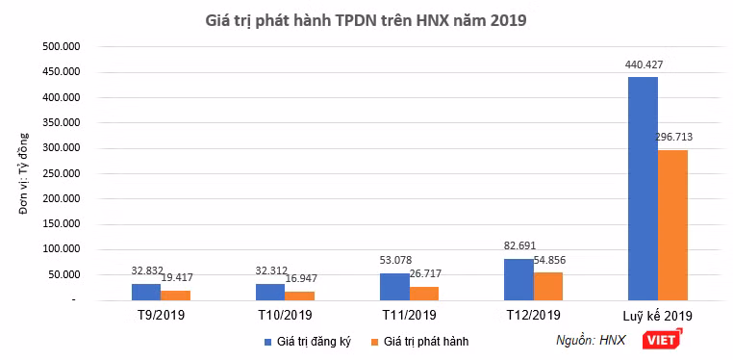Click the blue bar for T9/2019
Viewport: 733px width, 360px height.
point(146,292)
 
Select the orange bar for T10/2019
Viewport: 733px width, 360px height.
point(300,296)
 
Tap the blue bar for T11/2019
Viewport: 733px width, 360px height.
point(394,287)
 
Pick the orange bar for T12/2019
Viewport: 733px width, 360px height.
point(548,286)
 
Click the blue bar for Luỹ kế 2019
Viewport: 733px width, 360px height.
point(644,189)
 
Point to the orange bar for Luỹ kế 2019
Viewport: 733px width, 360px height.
point(672,225)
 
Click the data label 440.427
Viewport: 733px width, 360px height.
point(644,65)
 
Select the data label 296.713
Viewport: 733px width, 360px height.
point(673,138)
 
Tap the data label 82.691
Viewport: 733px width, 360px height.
point(519,245)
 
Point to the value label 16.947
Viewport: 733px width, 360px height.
point(300,278)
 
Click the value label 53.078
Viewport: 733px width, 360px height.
point(395,260)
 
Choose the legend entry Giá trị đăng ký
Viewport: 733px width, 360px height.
point(307,342)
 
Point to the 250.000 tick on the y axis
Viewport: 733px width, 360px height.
point(63,173)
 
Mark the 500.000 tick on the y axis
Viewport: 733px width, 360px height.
point(63,46)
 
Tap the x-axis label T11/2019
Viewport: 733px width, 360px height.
point(409,315)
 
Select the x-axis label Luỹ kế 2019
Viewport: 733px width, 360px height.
point(657,316)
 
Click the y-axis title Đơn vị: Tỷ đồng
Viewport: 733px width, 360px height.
point(24,173)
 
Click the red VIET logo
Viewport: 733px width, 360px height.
point(662,340)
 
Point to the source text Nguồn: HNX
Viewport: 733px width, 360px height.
point(591,341)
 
